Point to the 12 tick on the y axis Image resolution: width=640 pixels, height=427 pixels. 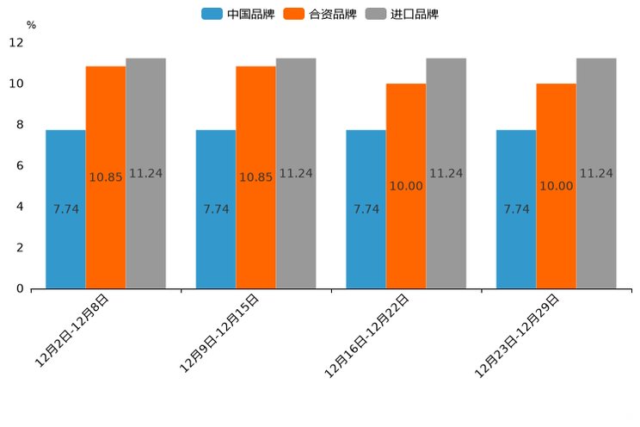[x=16, y=42]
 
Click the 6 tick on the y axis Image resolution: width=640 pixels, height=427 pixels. [x=20, y=165]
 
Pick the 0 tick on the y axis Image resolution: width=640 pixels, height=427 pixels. [x=20, y=288]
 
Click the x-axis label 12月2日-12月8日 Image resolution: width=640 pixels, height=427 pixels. [x=73, y=331]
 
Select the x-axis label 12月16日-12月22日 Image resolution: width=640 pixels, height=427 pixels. [x=367, y=335]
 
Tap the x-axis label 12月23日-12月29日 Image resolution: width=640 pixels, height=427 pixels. [x=518, y=335]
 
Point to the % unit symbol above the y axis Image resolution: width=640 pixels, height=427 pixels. [x=31, y=25]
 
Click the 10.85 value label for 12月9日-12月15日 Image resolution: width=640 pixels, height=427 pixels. [x=255, y=177]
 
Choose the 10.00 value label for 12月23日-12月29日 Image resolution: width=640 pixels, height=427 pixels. [x=556, y=186]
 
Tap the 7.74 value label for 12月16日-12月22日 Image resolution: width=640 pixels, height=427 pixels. [x=366, y=209]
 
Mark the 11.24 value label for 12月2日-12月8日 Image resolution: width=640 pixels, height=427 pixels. [x=145, y=173]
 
